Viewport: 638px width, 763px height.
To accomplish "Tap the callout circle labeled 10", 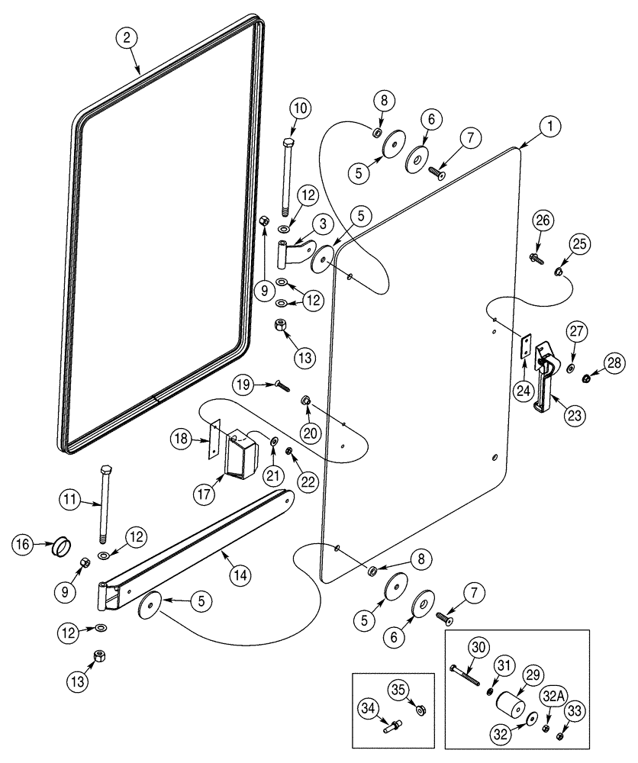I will [x=300, y=108].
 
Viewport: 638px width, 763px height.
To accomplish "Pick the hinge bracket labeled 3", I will [x=294, y=253].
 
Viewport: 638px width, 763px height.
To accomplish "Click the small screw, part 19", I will [x=282, y=386].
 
